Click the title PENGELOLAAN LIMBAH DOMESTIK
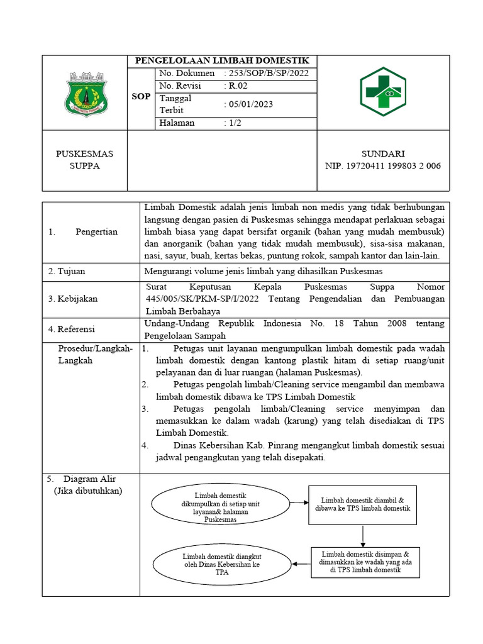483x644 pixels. click(x=223, y=61)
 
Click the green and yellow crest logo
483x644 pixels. click(x=86, y=94)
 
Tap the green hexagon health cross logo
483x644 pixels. click(x=383, y=92)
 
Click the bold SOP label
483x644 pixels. click(x=141, y=97)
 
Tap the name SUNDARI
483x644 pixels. click(x=382, y=154)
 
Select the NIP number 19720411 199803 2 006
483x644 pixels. click(x=382, y=166)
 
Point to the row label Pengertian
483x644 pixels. click(x=96, y=231)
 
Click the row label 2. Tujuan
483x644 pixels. click(x=67, y=272)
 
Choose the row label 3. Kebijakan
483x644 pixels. click(x=73, y=299)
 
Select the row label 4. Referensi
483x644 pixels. click(x=73, y=328)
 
